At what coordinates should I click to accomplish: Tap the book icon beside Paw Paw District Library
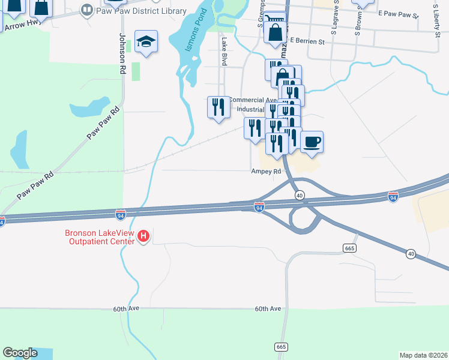[87, 10]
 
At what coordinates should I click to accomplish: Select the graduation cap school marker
[146, 42]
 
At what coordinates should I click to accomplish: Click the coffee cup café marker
[312, 143]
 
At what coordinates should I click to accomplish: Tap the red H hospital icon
[143, 236]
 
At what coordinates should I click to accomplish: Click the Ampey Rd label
[266, 171]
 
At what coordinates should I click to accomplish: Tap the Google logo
[20, 353]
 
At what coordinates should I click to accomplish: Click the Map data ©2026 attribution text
[423, 355]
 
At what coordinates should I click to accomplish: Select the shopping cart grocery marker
[275, 21]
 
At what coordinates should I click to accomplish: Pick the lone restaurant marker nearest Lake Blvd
[218, 107]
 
